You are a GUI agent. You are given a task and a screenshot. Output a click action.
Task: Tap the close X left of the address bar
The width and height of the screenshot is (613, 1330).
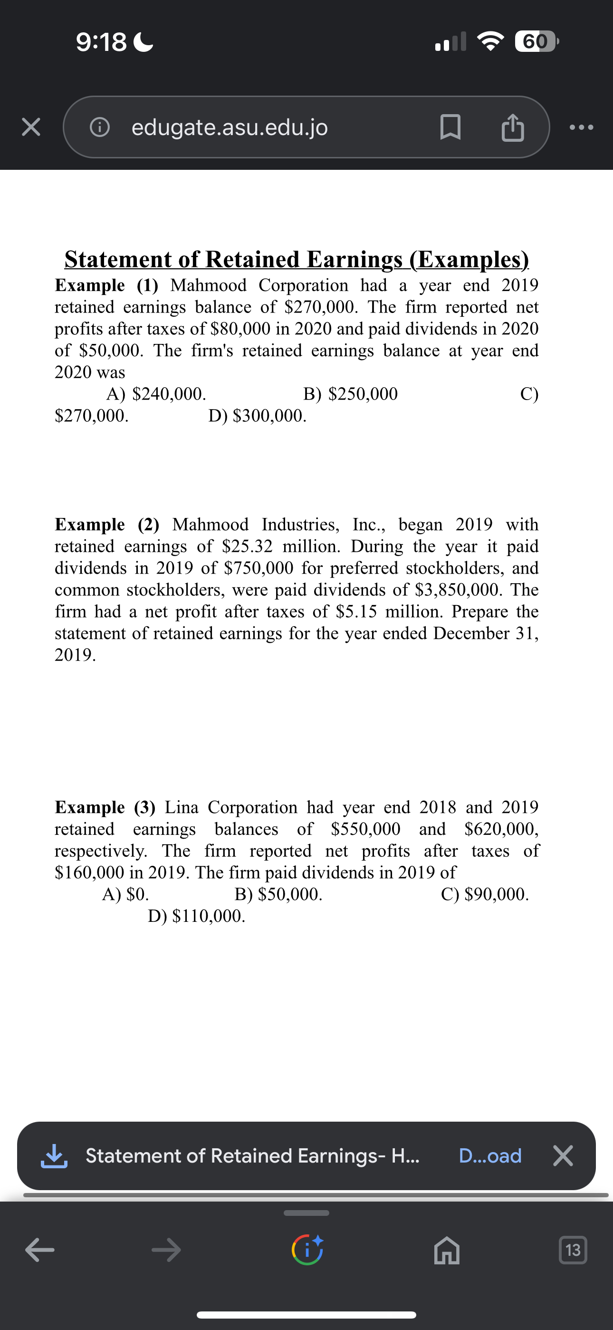click(x=31, y=127)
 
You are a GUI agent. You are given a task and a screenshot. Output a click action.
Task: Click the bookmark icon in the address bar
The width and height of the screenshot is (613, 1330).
click(x=450, y=127)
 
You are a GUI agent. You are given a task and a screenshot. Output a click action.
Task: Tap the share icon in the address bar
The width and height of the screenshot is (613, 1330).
click(x=512, y=127)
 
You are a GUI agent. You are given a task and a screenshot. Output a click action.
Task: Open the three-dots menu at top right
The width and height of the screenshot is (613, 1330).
click(x=582, y=127)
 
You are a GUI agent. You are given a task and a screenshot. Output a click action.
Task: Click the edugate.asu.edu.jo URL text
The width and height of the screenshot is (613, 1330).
click(x=230, y=127)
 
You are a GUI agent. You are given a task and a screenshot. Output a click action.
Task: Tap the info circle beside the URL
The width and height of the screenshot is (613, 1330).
click(x=100, y=127)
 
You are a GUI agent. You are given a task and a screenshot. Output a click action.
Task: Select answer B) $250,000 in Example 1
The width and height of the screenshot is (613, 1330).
click(x=350, y=394)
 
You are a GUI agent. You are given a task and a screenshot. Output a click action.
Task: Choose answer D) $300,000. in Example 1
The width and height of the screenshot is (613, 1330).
click(x=257, y=416)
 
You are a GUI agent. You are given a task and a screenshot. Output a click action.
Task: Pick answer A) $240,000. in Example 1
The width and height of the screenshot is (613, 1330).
click(x=156, y=394)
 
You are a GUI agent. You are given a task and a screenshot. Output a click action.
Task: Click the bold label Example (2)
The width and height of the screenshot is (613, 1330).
click(x=107, y=525)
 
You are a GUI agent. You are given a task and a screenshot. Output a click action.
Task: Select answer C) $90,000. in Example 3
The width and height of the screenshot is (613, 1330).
click(x=485, y=894)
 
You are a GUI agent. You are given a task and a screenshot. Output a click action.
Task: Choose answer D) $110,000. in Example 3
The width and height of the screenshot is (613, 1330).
click(x=196, y=916)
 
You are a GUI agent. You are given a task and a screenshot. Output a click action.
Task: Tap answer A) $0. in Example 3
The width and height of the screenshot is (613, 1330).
click(x=125, y=894)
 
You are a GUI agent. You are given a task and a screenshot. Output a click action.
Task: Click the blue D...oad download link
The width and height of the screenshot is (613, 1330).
click(x=489, y=1155)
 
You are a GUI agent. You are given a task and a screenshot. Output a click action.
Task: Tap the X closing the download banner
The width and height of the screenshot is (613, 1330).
click(x=563, y=1155)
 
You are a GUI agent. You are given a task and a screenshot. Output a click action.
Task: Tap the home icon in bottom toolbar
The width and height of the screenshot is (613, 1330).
click(x=446, y=1250)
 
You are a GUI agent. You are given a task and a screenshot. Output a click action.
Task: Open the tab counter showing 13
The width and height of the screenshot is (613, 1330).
click(x=573, y=1250)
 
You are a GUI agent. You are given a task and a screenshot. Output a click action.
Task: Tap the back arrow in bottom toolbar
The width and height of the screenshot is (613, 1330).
click(x=40, y=1250)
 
